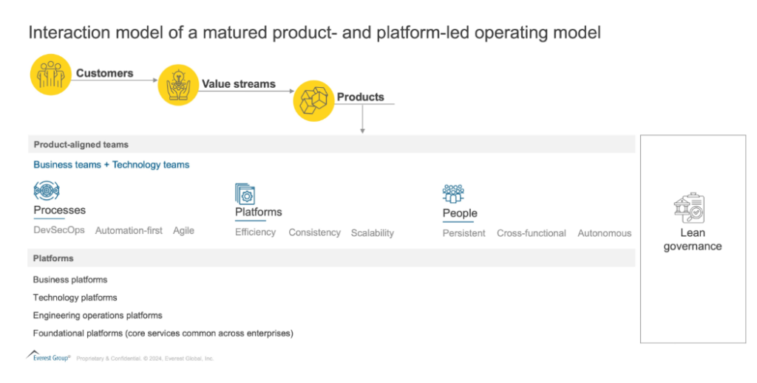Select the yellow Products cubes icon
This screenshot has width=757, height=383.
tap(314, 100)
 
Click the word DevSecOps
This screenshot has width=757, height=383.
tap(59, 230)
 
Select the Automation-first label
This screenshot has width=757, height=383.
tap(129, 230)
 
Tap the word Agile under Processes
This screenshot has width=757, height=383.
tap(183, 230)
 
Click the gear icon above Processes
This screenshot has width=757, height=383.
tap(46, 192)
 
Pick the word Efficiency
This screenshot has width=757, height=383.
tap(255, 232)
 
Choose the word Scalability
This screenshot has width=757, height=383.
tap(372, 232)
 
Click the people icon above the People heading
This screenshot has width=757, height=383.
tap(453, 193)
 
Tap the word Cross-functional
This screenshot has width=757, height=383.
tap(531, 233)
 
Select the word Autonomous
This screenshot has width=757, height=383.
tap(604, 233)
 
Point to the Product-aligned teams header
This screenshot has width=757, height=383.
tap(81, 145)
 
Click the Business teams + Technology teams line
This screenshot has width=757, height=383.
tap(111, 165)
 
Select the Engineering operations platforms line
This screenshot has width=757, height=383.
tap(98, 315)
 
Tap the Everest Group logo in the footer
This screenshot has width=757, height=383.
tap(48, 357)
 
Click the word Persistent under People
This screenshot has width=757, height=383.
tap(464, 233)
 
